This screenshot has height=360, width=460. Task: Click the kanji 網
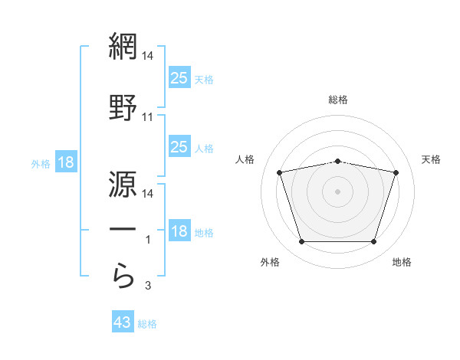tap(123, 46)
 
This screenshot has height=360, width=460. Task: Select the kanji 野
tap(123, 107)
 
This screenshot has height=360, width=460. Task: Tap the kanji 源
tap(123, 184)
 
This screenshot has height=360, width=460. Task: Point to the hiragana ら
tap(123, 276)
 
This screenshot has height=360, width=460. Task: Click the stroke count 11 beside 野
tap(147, 117)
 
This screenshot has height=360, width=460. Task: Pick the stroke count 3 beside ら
tap(148, 286)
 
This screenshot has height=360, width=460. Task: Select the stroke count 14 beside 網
tap(147, 56)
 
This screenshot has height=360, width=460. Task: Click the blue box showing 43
tap(123, 321)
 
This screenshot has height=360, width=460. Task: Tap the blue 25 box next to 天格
tap(180, 77)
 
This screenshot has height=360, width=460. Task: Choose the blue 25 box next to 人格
tap(180, 146)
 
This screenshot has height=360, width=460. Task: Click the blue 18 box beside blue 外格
tap(66, 162)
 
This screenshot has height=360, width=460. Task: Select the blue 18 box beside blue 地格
tap(180, 230)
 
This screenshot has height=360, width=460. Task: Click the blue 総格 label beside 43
tap(147, 324)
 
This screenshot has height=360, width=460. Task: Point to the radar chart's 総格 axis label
tap(338, 100)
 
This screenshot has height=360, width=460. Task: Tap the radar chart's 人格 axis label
tap(245, 159)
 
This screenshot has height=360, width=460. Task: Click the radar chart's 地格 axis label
tap(402, 262)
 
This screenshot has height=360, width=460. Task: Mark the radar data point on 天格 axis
tap(396, 172)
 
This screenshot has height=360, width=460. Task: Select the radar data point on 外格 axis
tap(302, 242)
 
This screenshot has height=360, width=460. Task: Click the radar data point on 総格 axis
tap(338, 162)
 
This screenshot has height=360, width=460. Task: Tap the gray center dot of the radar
tap(337, 191)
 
